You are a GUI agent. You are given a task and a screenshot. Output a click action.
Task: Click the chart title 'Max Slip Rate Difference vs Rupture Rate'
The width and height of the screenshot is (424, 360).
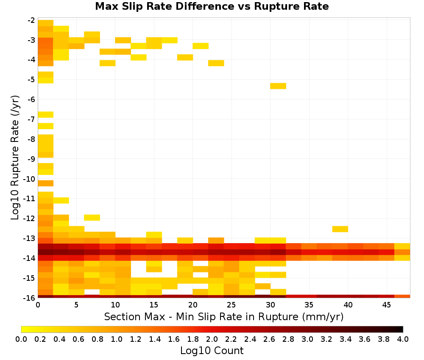(x=212, y=6)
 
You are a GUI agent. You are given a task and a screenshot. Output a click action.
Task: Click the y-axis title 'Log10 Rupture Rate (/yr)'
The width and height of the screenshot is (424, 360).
(x=15, y=158)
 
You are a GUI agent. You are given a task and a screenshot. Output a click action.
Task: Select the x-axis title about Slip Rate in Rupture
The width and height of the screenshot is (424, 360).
(x=223, y=316)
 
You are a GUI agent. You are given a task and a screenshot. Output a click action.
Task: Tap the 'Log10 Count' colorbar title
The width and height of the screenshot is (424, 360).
(x=212, y=351)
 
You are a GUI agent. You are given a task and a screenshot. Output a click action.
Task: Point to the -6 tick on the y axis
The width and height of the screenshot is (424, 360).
(x=31, y=100)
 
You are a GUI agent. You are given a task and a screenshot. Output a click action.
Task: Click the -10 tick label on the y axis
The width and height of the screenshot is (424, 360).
(x=30, y=179)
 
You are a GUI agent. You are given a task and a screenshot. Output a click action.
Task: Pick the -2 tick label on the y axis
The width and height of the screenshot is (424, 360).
(x=31, y=20)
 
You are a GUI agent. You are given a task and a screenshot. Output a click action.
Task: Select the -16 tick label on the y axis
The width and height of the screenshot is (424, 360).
(x=30, y=298)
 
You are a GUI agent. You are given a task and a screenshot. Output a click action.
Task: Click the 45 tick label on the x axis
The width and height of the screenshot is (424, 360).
(x=387, y=305)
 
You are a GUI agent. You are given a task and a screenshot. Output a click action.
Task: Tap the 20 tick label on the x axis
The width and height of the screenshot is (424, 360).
(x=193, y=305)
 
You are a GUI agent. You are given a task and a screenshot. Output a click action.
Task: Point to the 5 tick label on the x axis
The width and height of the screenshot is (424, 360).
(x=76, y=305)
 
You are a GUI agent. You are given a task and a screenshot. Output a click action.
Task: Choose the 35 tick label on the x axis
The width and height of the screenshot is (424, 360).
(x=309, y=305)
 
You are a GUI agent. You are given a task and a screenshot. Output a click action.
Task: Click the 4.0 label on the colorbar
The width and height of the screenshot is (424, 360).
(x=403, y=339)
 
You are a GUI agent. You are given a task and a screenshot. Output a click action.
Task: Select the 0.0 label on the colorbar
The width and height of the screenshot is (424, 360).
(x=21, y=339)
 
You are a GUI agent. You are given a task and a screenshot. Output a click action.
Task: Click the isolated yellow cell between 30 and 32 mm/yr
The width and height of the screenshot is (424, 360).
(x=278, y=86)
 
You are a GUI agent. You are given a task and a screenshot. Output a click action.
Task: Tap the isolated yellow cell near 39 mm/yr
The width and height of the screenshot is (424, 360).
(x=340, y=229)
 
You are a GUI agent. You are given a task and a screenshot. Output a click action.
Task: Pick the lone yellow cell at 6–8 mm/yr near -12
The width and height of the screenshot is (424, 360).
(x=92, y=217)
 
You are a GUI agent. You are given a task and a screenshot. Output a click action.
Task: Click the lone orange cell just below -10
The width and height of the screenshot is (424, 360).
(x=45, y=183)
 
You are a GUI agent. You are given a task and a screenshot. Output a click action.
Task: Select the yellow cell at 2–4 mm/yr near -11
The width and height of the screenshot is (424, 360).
(x=61, y=200)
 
